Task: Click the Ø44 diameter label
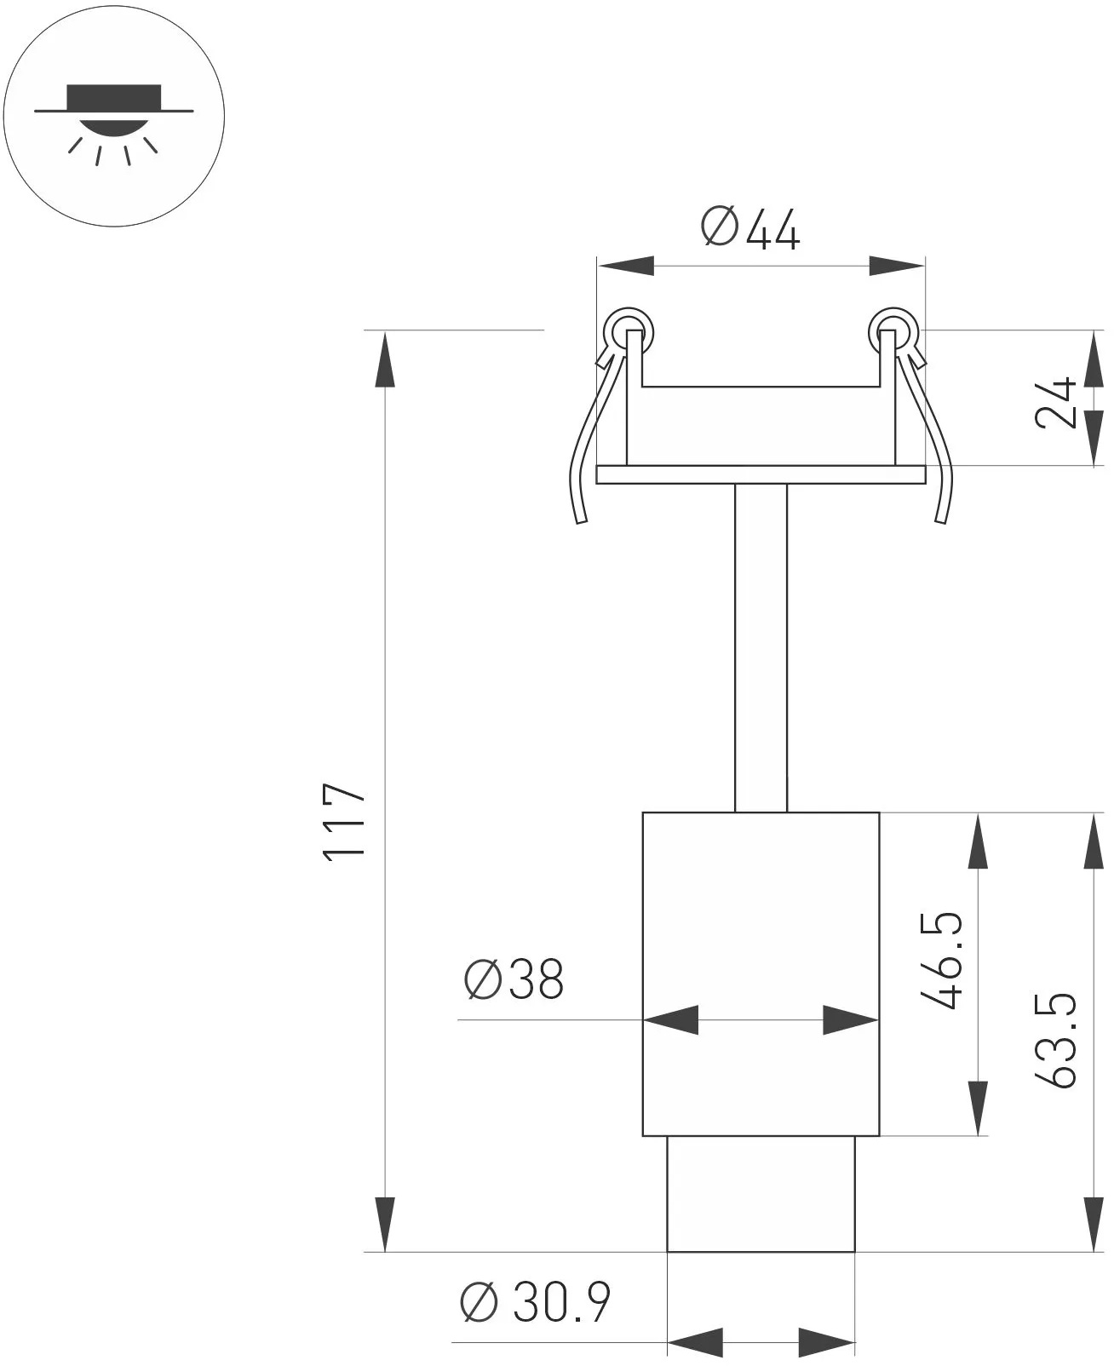tap(750, 229)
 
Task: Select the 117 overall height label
tap(346, 822)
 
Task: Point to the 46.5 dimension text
tap(944, 961)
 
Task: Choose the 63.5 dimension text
tap(1057, 1040)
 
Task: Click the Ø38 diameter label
tap(514, 979)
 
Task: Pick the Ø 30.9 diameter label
tap(536, 1302)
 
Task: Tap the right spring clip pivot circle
tap(892, 329)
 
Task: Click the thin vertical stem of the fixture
tap(761, 647)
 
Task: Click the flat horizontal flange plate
tap(761, 474)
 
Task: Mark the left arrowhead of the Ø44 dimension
tap(625, 266)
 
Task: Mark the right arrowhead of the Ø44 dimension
tap(897, 266)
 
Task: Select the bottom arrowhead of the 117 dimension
tap(385, 1225)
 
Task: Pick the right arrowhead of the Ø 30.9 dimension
tap(827, 1341)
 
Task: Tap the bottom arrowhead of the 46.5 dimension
tap(979, 1108)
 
